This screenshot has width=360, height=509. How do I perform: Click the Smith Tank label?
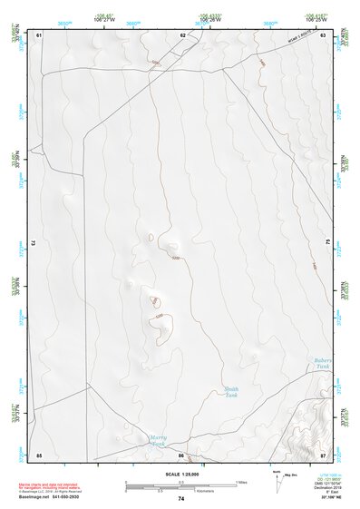click(x=231, y=392)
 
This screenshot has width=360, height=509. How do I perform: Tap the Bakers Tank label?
click(x=324, y=364)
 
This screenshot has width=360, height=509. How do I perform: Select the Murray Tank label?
click(x=159, y=440)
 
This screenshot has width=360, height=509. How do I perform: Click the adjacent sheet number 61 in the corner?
click(x=39, y=34)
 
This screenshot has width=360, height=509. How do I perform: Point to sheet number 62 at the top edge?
click(x=182, y=34)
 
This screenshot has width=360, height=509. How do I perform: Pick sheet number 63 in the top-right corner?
click(x=322, y=34)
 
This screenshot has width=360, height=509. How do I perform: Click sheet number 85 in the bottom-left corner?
click(x=39, y=455)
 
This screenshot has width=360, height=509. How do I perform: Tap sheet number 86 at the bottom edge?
click(x=181, y=455)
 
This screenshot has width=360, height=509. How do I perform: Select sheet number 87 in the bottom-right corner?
click(x=322, y=455)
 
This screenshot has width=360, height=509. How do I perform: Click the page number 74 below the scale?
click(x=181, y=499)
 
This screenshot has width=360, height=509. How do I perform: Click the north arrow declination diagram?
click(x=278, y=478)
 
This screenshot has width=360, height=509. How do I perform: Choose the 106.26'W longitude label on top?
click(x=210, y=18)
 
